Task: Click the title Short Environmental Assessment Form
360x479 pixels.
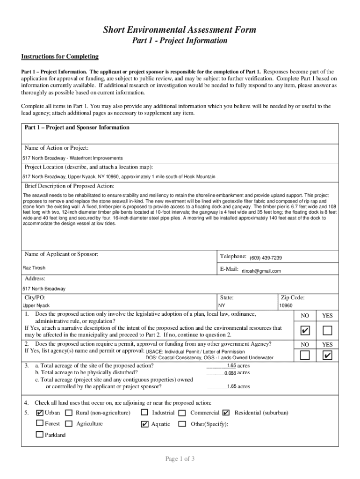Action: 180,30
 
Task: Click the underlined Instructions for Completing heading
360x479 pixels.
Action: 60,57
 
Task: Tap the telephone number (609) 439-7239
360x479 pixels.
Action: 266,258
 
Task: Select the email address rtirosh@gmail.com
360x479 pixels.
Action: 261,271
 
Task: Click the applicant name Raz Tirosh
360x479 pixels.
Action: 34,268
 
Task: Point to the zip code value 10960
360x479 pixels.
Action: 286,305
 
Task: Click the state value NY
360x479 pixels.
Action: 222,305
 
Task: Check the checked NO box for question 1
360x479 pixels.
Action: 305,331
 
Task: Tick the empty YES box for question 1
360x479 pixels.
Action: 327,331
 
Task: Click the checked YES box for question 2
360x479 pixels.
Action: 327,356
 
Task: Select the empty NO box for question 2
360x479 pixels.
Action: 305,356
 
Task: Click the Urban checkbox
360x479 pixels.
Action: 40,413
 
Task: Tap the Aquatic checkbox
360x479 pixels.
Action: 144,424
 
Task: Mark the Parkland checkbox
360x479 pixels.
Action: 40,435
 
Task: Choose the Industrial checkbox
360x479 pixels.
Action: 144,413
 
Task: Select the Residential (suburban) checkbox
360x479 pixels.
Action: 226,413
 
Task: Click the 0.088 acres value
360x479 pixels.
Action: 230,373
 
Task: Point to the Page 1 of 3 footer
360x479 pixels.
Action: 180,459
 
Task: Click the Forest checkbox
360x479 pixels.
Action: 40,424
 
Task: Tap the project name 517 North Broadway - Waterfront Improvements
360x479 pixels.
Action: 72,158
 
